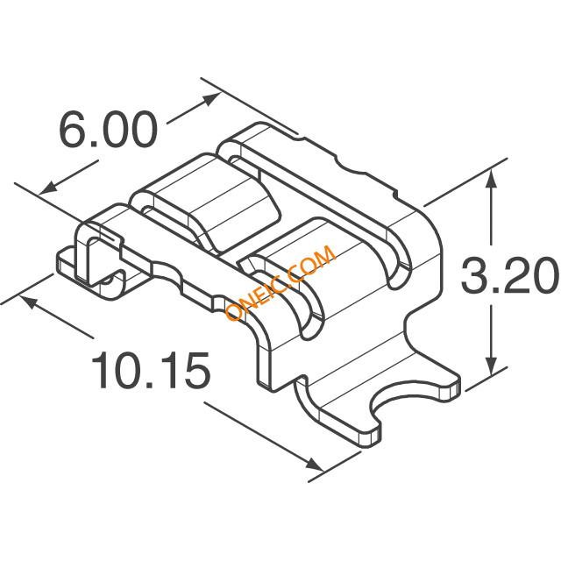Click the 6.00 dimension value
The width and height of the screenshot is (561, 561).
[108, 129]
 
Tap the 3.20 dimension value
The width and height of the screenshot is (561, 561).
[510, 274]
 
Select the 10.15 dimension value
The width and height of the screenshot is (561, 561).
[150, 370]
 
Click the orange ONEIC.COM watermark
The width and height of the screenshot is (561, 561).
[280, 282]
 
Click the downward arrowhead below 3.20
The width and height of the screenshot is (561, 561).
[492, 366]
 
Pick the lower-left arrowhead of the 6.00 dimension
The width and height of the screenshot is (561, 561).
[48, 188]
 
